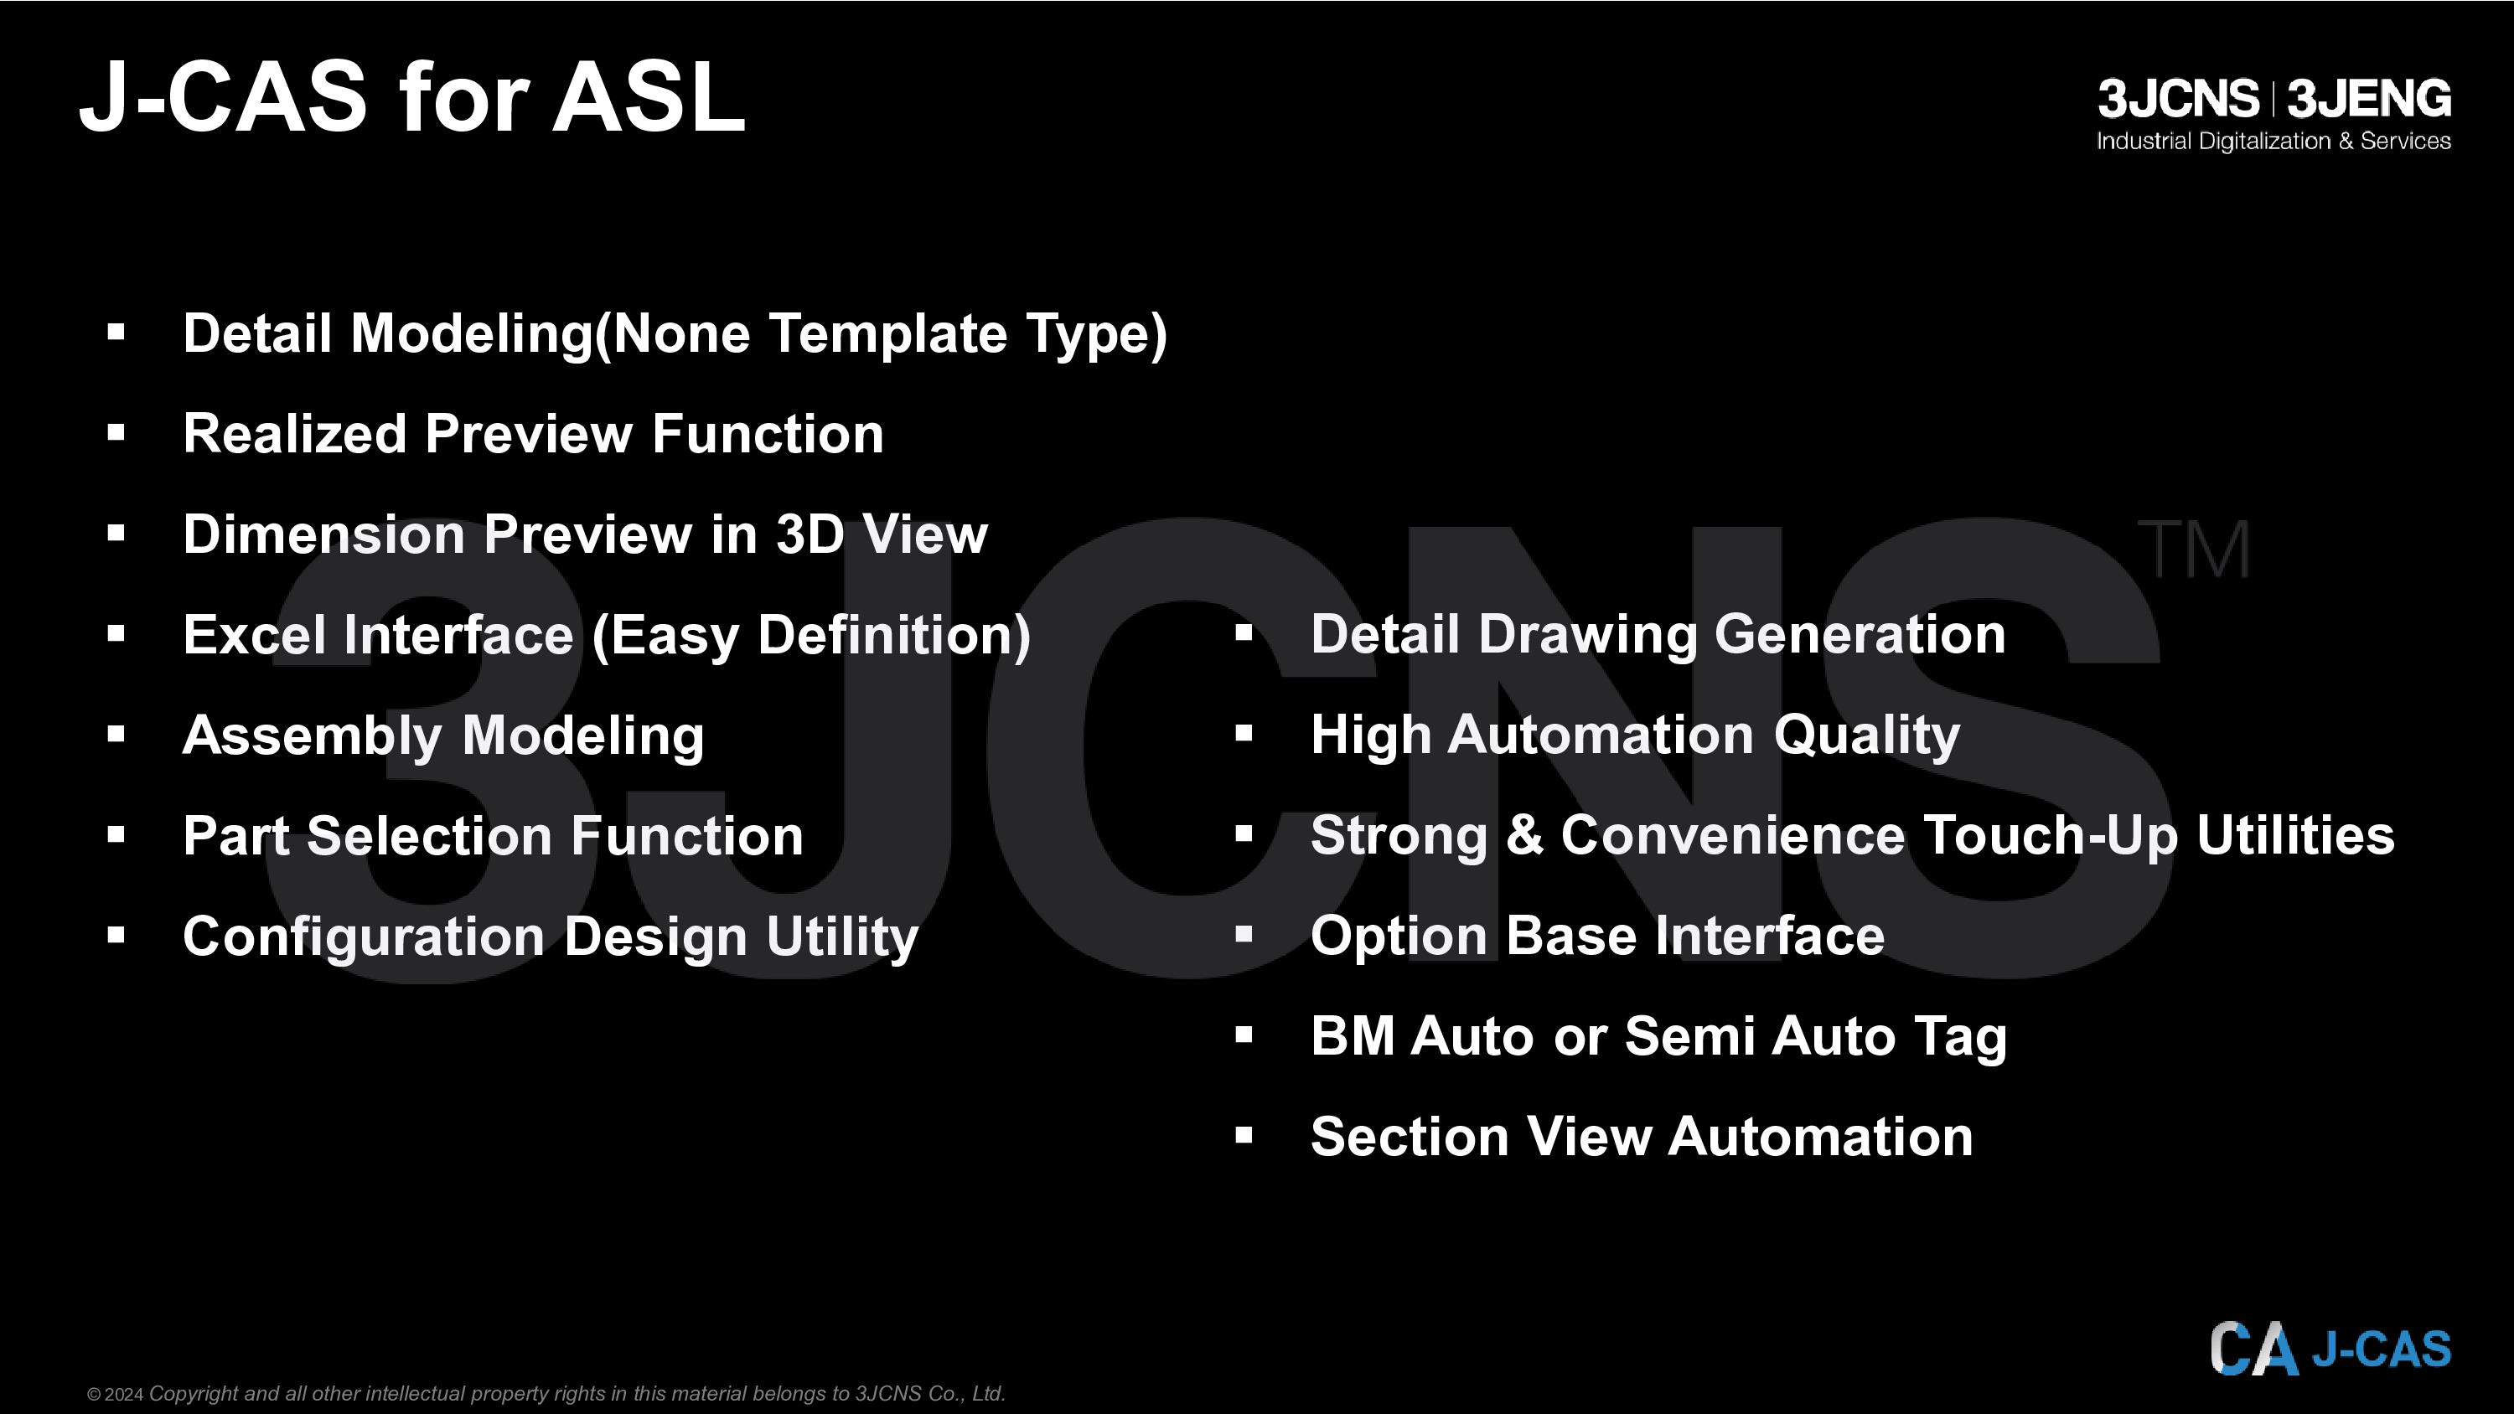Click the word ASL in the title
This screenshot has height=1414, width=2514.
click(x=649, y=96)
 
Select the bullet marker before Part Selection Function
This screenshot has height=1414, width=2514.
click(x=116, y=834)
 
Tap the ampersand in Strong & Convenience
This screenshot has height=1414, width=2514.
click(x=1524, y=835)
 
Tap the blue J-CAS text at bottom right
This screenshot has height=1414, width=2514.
click(x=2382, y=1349)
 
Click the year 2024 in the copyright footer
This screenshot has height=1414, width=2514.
click(x=124, y=1395)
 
